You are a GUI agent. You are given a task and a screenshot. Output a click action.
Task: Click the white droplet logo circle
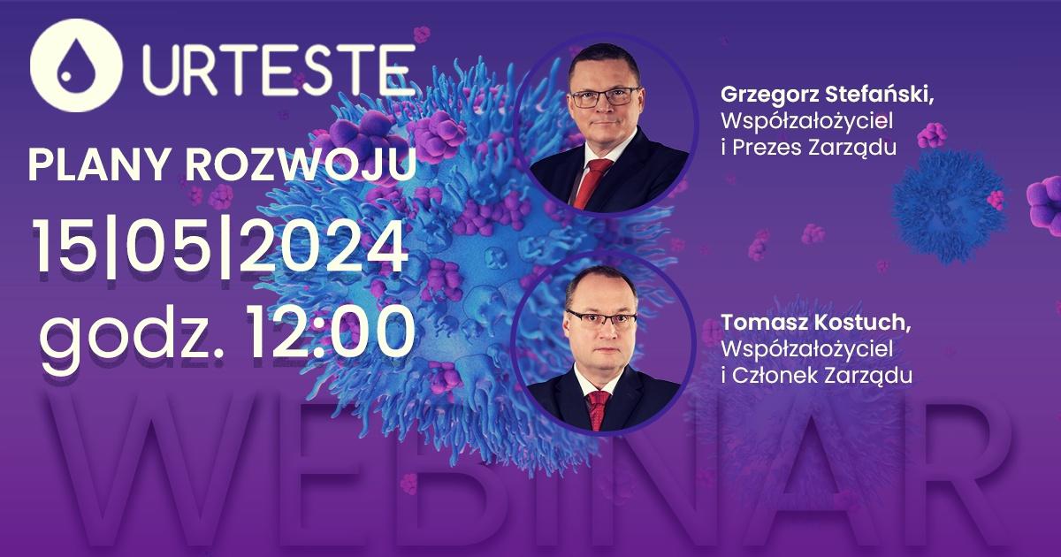coord(76,65)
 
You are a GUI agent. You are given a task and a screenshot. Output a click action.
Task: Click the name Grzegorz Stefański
coord(827,95)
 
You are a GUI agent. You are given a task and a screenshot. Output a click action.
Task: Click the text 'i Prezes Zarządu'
coord(808,149)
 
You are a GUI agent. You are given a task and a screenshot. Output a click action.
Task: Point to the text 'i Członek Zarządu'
coord(816,376)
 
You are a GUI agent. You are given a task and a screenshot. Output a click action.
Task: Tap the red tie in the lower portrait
coord(599,410)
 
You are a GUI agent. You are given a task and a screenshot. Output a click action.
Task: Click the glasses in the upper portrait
coord(606,97)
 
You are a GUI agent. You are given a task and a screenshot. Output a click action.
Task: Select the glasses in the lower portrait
coord(601,318)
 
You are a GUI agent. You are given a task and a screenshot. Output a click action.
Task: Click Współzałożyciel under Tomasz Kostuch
coord(806,349)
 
